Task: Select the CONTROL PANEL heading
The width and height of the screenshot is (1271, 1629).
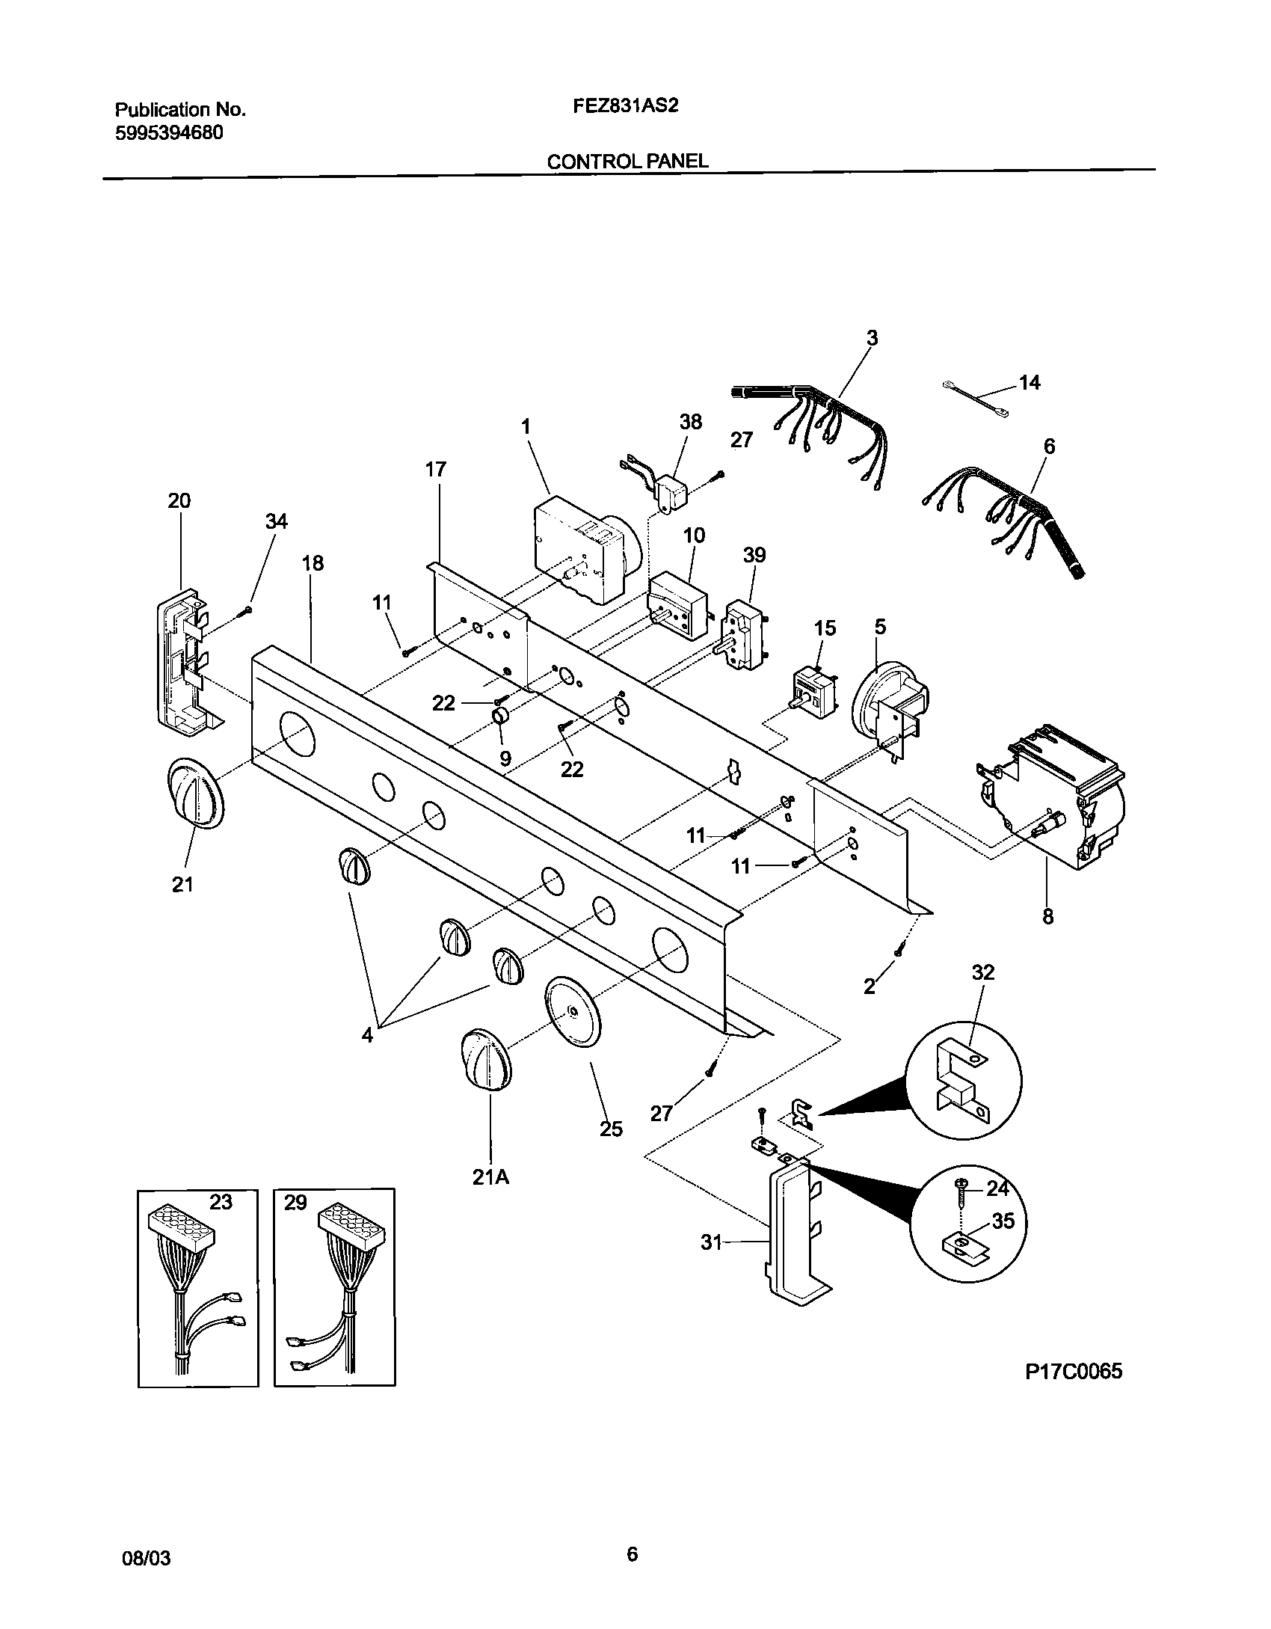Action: click(627, 161)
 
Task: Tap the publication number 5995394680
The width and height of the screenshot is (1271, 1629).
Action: click(169, 133)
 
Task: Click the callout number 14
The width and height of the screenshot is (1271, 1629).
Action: click(1029, 383)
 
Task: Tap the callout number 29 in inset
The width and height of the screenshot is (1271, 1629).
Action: click(295, 1203)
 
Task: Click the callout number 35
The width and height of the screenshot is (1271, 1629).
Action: click(1003, 1221)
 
